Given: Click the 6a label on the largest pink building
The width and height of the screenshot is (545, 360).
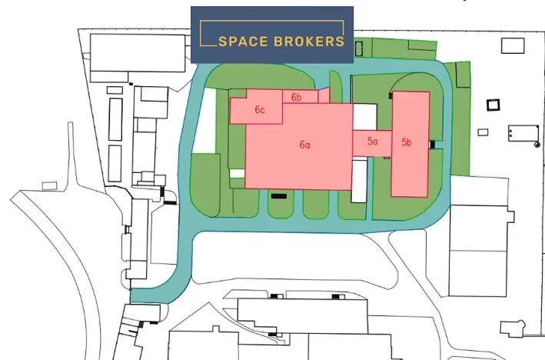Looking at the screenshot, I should coord(304,144).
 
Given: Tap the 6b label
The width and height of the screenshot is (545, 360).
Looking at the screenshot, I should coord(296,97).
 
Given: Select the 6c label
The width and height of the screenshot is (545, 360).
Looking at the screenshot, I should coord(260,110).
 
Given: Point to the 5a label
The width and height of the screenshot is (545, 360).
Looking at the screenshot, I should coord(373,142).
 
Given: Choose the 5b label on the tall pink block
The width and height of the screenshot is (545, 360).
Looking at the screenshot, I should coord(407,142).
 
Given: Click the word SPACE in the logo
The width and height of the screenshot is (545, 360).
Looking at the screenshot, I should coord(244,42).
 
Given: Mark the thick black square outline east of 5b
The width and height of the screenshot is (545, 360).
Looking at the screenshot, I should coord(493,105).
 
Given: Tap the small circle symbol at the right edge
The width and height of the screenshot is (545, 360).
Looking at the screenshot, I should coord(536,143).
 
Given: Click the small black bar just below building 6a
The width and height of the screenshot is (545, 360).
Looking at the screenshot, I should coord(279,196).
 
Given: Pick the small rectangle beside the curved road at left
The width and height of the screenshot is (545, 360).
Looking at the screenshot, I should coord(49,185).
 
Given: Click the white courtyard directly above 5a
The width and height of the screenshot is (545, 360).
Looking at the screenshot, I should coord(364,116).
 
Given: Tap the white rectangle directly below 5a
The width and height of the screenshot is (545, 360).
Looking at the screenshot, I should coord(359,179).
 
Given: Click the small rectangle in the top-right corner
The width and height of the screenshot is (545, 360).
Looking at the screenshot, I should coord(513,45).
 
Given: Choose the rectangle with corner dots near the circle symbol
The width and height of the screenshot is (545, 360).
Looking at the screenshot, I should coord(522,132).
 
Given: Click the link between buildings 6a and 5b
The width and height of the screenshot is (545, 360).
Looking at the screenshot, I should coord(372,142).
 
